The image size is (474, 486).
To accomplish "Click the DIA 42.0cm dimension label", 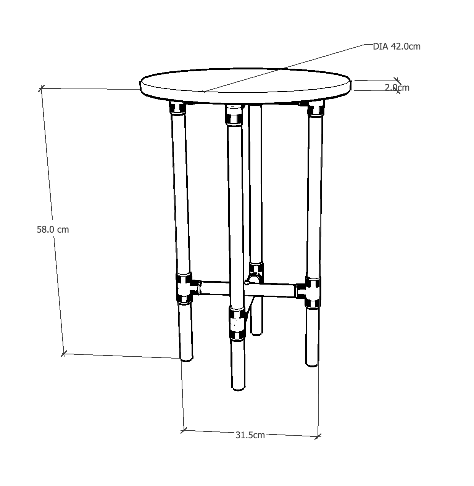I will [x=397, y=47].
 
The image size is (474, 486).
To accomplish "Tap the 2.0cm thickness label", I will [x=397, y=87].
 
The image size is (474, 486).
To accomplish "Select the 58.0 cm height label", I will [x=53, y=230].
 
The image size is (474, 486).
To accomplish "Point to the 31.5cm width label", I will [x=250, y=435].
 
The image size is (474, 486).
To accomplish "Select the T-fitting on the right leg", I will [x=312, y=292].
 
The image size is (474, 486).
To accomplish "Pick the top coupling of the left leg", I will [x=177, y=109].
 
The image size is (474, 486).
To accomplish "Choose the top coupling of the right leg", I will [x=316, y=109].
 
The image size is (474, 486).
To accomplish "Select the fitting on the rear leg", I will [x=255, y=272].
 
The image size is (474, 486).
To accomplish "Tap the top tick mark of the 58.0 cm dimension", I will [x=41, y=89].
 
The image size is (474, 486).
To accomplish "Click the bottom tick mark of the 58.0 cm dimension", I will [x=64, y=354].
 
